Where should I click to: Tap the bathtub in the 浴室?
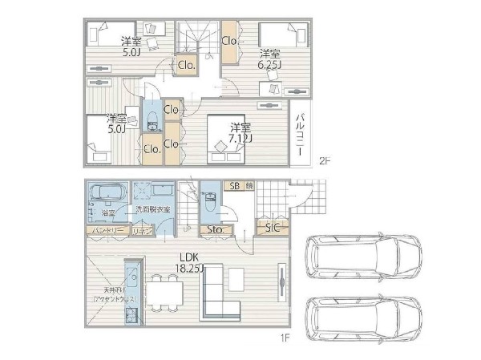[x=104, y=194]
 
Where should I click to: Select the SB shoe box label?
[x=235, y=186]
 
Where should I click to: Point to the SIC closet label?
[x=272, y=229]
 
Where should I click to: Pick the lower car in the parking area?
[x=366, y=318]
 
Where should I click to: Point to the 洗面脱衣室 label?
[x=152, y=209]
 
